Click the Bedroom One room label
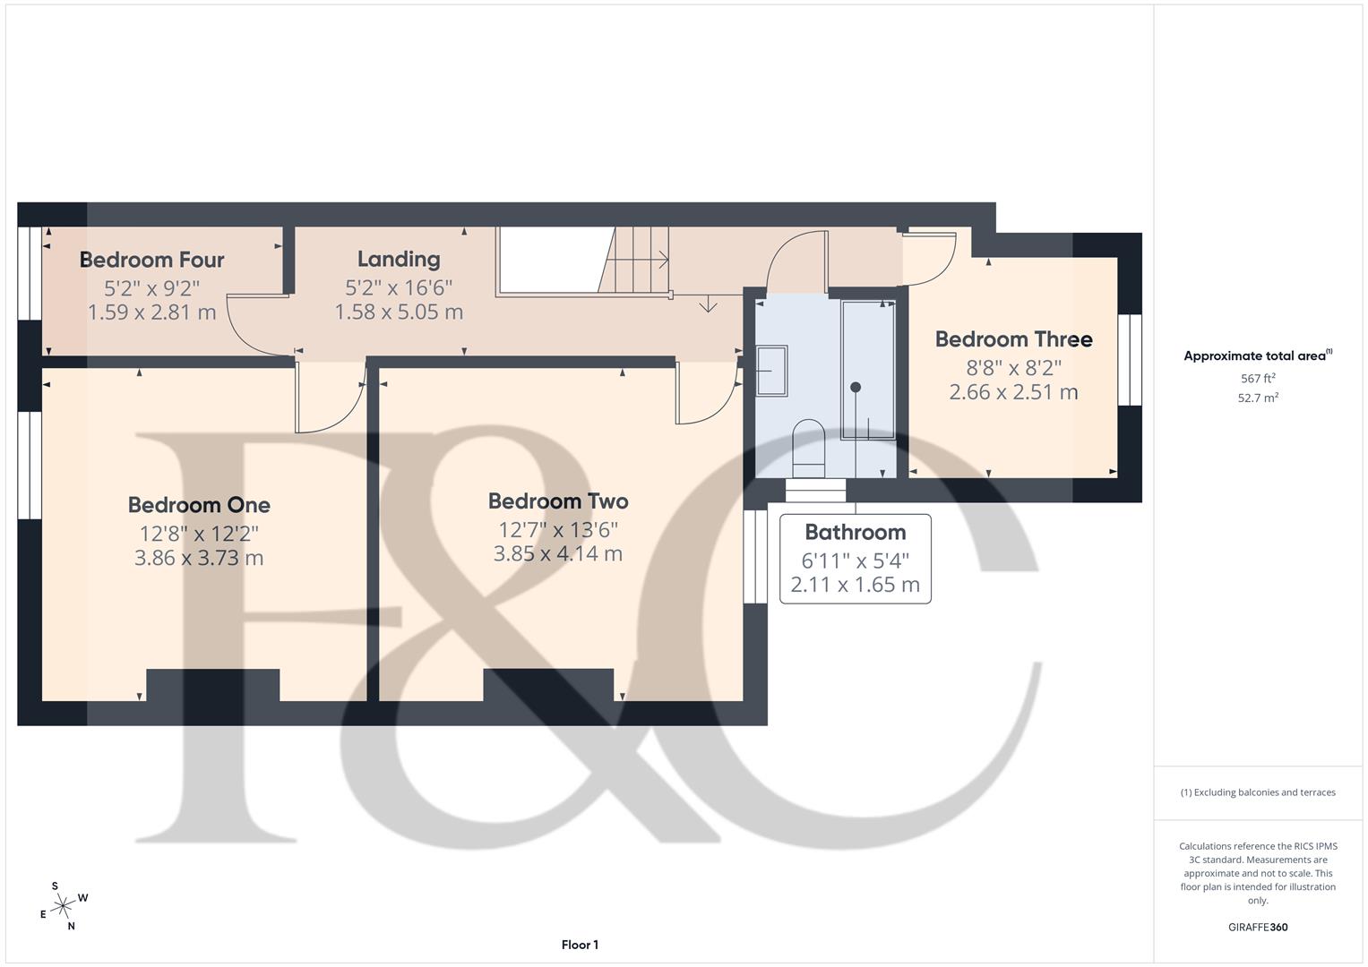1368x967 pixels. (199, 505)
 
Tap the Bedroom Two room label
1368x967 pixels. (557, 501)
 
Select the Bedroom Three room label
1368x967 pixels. (1013, 339)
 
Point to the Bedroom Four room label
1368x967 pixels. (151, 260)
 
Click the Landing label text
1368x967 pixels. (399, 259)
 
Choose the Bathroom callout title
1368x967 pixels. (855, 532)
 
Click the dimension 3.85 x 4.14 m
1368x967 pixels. (557, 553)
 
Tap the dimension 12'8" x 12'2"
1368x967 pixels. (199, 534)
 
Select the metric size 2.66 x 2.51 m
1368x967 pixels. (1013, 392)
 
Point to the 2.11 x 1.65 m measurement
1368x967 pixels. (855, 586)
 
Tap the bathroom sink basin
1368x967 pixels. (771, 371)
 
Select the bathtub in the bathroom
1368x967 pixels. (867, 370)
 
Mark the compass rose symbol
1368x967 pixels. (63, 906)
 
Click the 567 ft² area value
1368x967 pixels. (1258, 379)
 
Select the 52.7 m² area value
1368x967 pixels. (1258, 398)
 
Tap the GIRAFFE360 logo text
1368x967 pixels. (1257, 927)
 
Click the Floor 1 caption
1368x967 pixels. (580, 945)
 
